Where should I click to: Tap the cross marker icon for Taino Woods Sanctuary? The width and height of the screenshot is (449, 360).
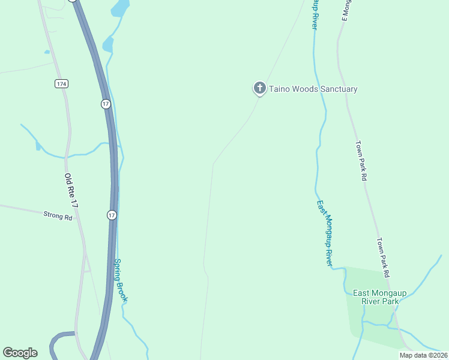click(259, 89)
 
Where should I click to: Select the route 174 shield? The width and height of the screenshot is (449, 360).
click(61, 83)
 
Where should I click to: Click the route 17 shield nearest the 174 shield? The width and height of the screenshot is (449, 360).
click(106, 104)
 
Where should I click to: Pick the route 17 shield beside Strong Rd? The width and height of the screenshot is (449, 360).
click(112, 215)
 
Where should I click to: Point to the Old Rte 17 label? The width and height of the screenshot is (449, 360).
click(72, 191)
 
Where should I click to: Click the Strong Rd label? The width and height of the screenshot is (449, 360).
click(58, 215)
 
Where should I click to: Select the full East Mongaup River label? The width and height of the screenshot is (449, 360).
click(325, 233)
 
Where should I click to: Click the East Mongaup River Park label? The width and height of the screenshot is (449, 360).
click(379, 297)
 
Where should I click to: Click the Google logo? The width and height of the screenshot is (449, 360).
click(20, 353)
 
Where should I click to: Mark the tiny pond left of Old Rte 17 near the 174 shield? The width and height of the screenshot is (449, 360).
click(47, 52)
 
